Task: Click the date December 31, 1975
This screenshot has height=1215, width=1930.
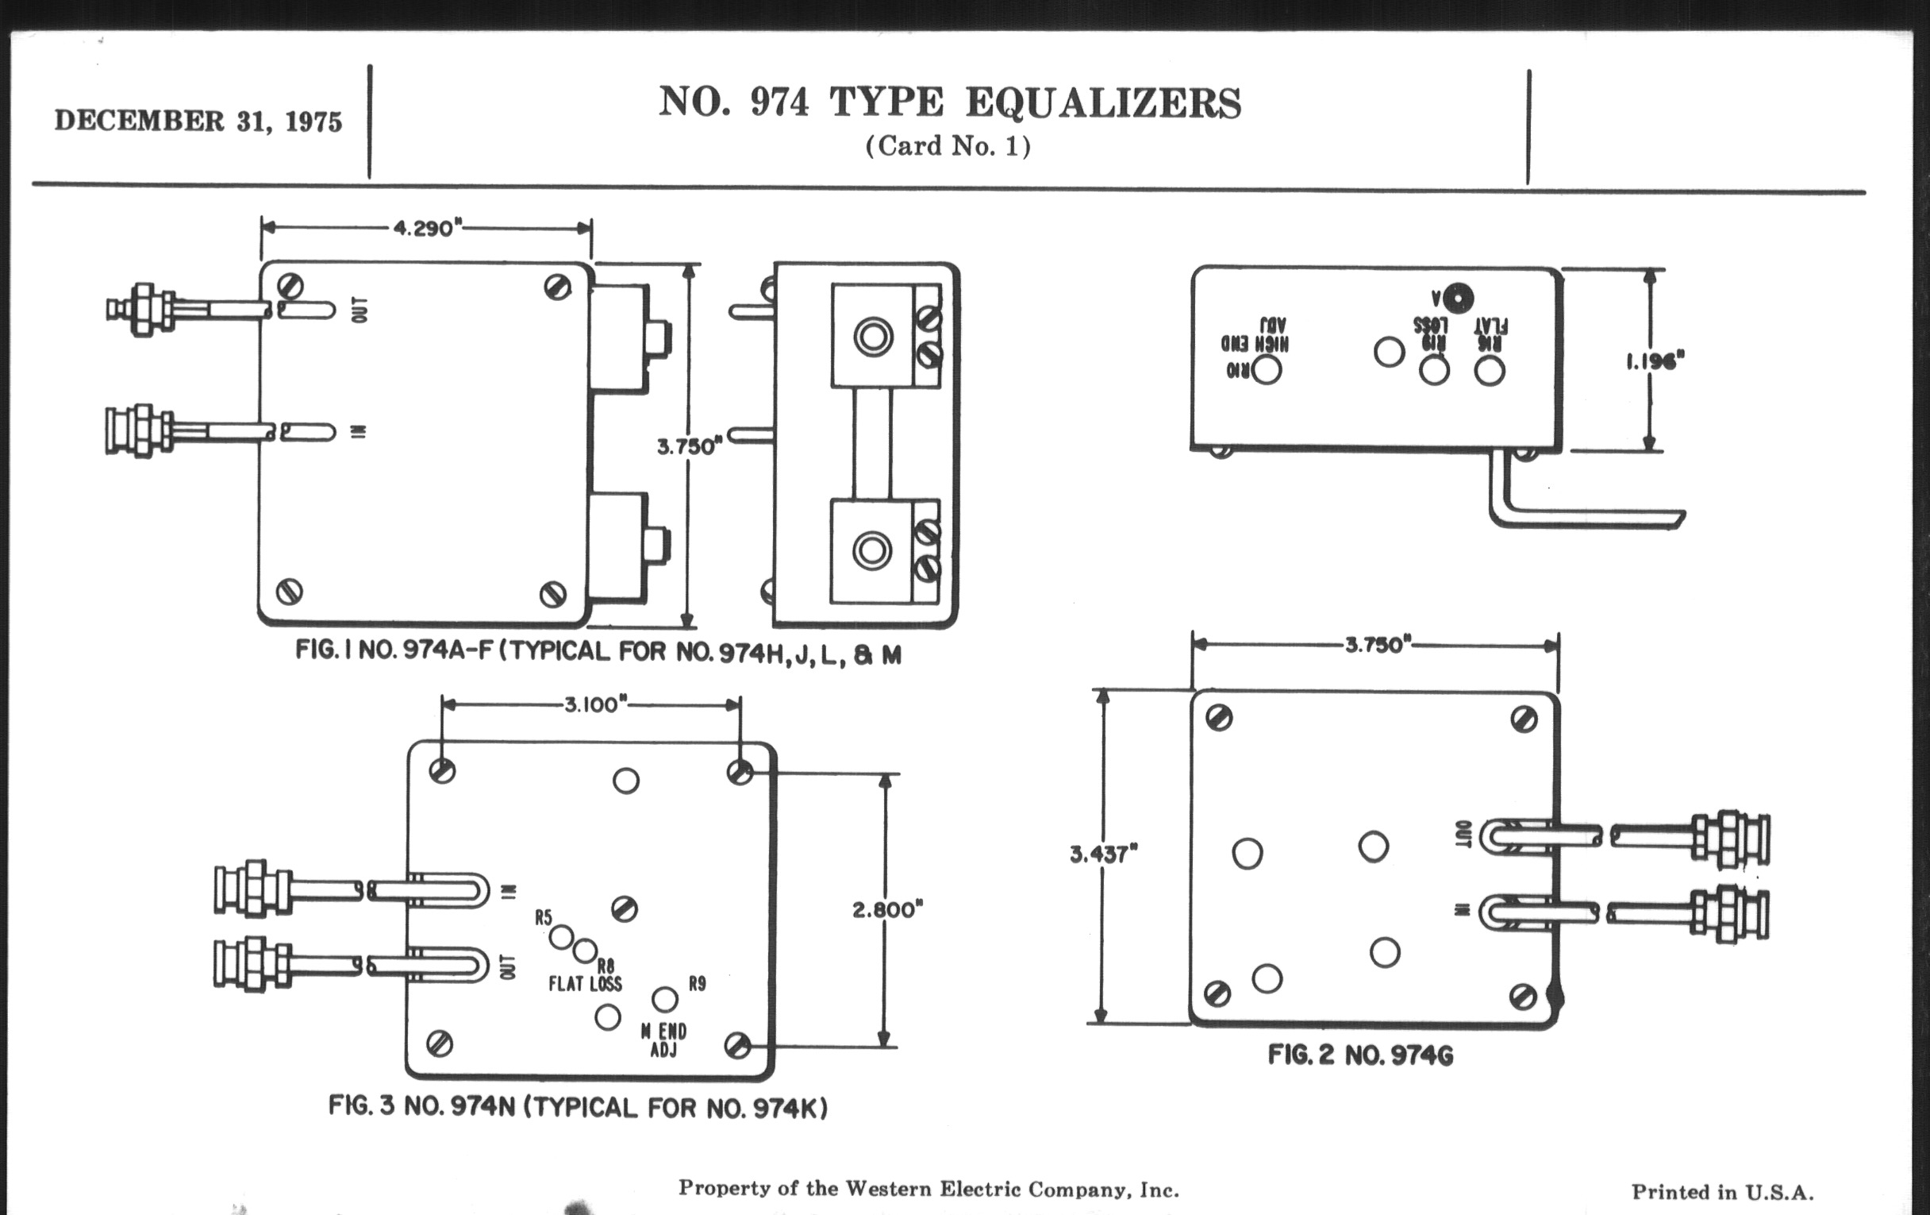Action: pos(198,121)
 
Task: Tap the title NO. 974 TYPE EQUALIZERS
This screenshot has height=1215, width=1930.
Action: pos(950,103)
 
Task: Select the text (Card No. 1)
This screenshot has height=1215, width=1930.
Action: pos(948,146)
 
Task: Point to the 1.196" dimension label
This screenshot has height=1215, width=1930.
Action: pos(1655,361)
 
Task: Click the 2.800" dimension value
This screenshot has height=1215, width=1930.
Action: pos(887,910)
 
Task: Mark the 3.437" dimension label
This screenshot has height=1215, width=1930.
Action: pos(1103,854)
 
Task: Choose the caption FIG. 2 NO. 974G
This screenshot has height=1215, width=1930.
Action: pos(1360,1055)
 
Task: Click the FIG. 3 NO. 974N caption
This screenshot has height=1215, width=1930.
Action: pos(577,1107)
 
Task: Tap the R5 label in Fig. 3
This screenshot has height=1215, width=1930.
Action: pos(544,917)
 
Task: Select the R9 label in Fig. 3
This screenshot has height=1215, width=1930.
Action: pos(698,983)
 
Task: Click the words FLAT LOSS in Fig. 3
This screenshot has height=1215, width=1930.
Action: pos(585,984)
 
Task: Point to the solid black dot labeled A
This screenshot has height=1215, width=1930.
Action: pos(1458,299)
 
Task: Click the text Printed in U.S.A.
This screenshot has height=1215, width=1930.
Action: pos(1722,1193)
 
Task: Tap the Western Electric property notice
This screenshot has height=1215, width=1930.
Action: pos(928,1190)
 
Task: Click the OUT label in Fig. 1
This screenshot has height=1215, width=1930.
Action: pos(361,310)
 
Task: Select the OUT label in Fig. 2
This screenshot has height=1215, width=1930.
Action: pos(1463,834)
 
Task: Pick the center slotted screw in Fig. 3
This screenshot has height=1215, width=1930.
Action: pos(625,908)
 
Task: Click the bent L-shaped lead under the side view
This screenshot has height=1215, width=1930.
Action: pos(1571,513)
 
